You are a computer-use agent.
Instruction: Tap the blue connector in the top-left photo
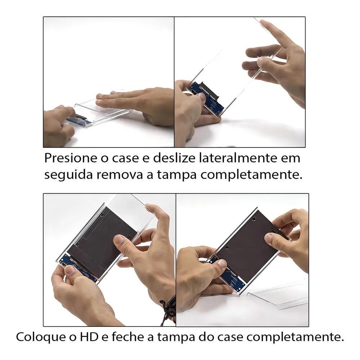[81, 120]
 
